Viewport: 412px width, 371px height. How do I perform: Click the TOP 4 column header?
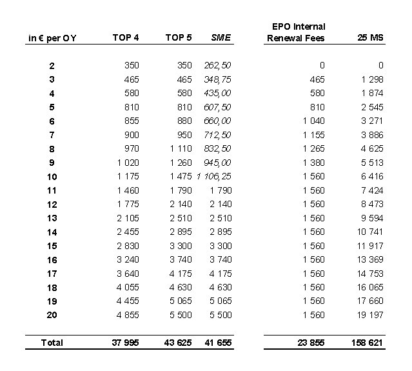tap(126, 37)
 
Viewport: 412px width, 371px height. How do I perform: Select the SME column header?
tap(221, 37)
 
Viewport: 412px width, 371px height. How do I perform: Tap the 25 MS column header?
tap(370, 37)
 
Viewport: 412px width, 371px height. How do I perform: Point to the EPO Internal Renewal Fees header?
tap(296, 32)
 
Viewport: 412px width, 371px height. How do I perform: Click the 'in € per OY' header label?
tap(52, 38)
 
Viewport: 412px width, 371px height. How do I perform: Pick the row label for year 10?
tap(52, 176)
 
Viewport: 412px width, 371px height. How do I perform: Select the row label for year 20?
tap(52, 315)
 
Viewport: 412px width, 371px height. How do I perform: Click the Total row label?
tap(52, 343)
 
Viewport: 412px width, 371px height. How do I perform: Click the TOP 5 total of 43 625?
tap(177, 343)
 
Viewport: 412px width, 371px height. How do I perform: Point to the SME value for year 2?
tap(217, 65)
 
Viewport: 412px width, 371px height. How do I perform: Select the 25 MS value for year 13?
tap(371, 217)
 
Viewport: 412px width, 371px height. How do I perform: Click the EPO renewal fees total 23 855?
tap(309, 343)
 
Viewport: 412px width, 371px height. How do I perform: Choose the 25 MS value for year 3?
tap(371, 79)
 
